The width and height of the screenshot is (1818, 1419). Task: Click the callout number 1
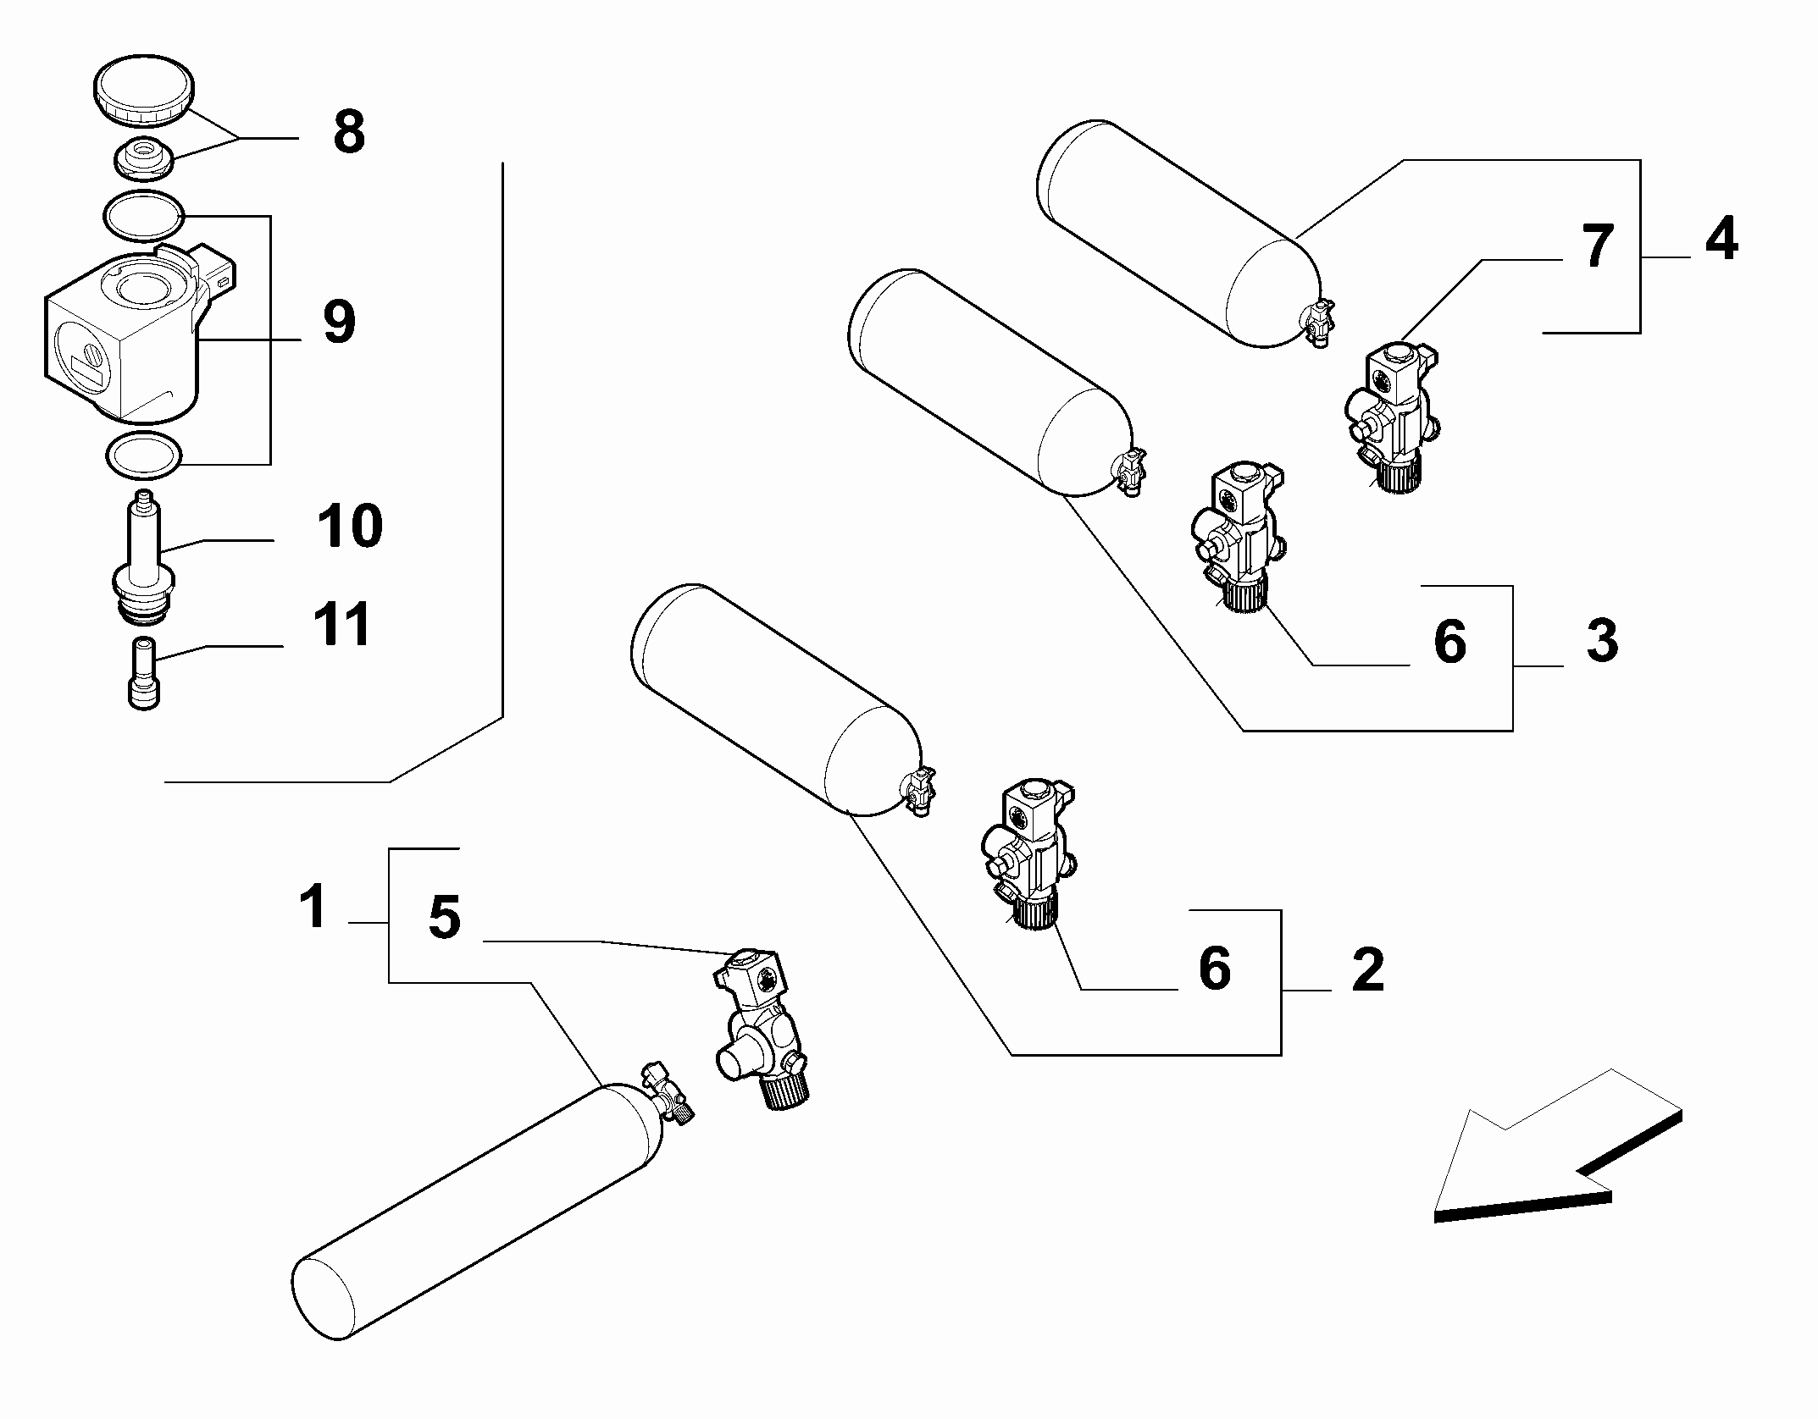tap(313, 905)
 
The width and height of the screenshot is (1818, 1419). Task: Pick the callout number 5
tap(445, 917)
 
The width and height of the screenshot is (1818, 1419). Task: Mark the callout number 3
tap(1601, 640)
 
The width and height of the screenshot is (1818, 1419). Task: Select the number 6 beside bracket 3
tap(1450, 641)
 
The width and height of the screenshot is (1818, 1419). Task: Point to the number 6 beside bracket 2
tap(1215, 968)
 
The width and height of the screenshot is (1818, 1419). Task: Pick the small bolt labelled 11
tap(145, 673)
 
